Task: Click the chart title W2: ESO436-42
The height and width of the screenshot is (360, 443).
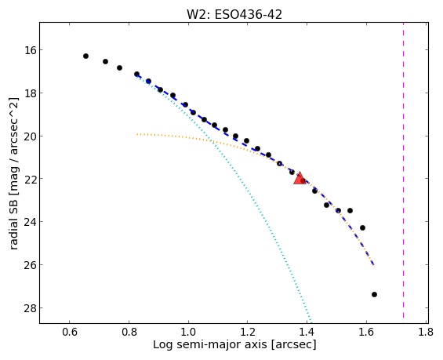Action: (234, 15)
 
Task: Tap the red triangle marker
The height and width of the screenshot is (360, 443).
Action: (300, 178)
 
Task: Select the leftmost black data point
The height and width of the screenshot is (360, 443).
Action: (86, 56)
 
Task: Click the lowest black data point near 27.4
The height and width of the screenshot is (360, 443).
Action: (374, 294)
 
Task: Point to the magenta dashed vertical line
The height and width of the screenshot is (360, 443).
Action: (403, 170)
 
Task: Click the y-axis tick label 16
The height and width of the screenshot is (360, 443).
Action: (31, 50)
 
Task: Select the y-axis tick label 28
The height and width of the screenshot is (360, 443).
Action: (31, 308)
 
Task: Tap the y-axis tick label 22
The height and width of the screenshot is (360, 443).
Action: (31, 179)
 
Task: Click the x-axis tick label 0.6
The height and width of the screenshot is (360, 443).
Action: (70, 332)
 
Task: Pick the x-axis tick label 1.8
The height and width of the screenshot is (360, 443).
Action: (426, 332)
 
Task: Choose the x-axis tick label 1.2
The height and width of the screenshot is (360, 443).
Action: (248, 332)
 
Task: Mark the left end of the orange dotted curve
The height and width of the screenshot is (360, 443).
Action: (137, 134)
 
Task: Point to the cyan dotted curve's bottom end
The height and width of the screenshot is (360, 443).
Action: (311, 322)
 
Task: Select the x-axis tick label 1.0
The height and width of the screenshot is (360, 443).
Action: (188, 332)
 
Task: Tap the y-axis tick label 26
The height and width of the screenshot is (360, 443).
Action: (31, 265)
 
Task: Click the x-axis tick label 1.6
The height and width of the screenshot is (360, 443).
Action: (366, 332)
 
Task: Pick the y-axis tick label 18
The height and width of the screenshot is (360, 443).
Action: (31, 93)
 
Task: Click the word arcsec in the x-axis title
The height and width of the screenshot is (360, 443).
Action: (293, 345)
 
